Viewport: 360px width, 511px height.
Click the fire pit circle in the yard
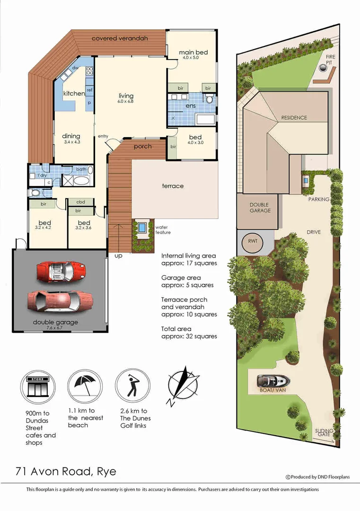tap(323, 69)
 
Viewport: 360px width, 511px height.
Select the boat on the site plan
tap(273, 381)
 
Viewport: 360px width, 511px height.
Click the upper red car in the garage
tap(61, 271)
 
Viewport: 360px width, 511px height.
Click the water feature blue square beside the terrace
tap(141, 228)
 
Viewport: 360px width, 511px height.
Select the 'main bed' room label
tap(193, 53)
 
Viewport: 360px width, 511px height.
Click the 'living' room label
tap(126, 96)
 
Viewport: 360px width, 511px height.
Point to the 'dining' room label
tap(71, 136)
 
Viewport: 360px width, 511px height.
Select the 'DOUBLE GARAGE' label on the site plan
tap(260, 207)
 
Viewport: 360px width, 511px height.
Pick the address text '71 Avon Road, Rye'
tap(66, 471)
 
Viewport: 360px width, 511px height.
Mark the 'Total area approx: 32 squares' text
tap(189, 332)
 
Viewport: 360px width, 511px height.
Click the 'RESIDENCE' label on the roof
tap(294, 118)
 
